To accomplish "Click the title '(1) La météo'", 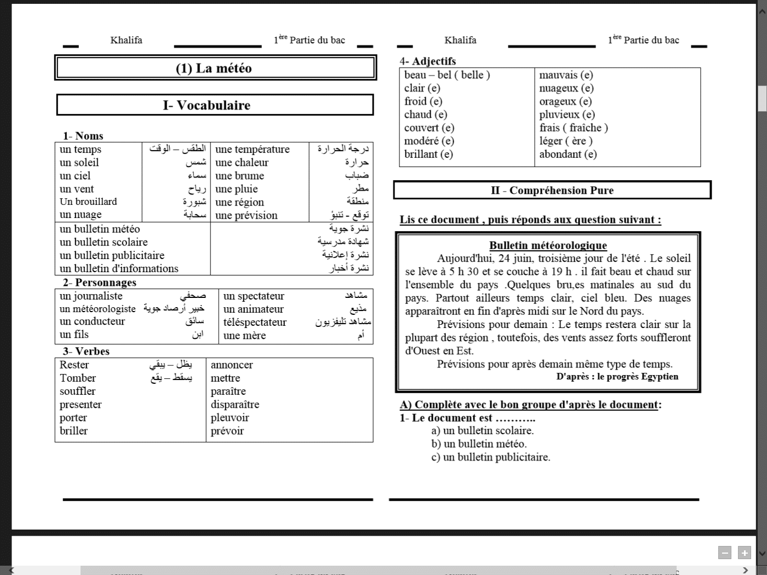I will pyautogui.click(x=214, y=68).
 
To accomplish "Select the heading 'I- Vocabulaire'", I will pyautogui.click(x=207, y=105).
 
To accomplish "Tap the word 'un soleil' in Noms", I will pyautogui.click(x=79, y=163).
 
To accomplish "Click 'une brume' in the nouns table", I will pyautogui.click(x=239, y=176).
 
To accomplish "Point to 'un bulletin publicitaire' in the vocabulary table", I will pyautogui.click(x=112, y=256).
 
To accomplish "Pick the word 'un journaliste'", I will pyautogui.click(x=91, y=296).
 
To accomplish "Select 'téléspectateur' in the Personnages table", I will pyautogui.click(x=255, y=323).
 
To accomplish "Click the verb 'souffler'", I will pyautogui.click(x=77, y=392).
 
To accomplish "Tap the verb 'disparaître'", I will pyautogui.click(x=235, y=405).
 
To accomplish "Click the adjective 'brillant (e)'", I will pyautogui.click(x=428, y=154).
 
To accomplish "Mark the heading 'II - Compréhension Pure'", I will pyautogui.click(x=552, y=191).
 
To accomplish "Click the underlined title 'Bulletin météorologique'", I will pyautogui.click(x=548, y=245).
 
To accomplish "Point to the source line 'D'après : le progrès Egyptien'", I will pyautogui.click(x=617, y=377).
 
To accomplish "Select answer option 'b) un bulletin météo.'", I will pyautogui.click(x=479, y=444).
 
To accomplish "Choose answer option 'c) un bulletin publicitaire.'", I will pyautogui.click(x=490, y=457).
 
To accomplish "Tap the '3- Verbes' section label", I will pyautogui.click(x=86, y=352).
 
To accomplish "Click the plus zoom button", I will pyautogui.click(x=745, y=553).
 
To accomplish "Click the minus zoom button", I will pyautogui.click(x=725, y=553).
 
